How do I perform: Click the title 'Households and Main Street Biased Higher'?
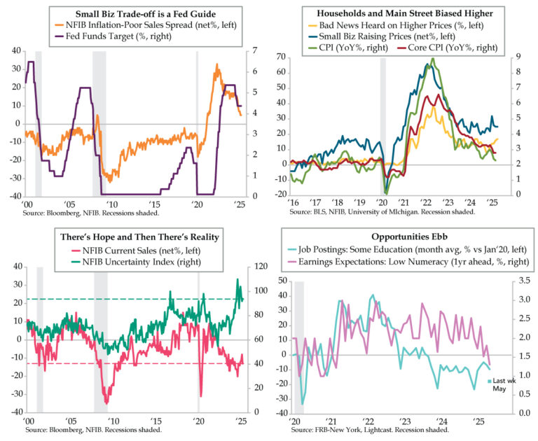[x=406, y=13]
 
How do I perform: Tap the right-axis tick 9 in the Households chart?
[x=517, y=55]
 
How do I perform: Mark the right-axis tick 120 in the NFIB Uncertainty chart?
[x=261, y=267]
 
